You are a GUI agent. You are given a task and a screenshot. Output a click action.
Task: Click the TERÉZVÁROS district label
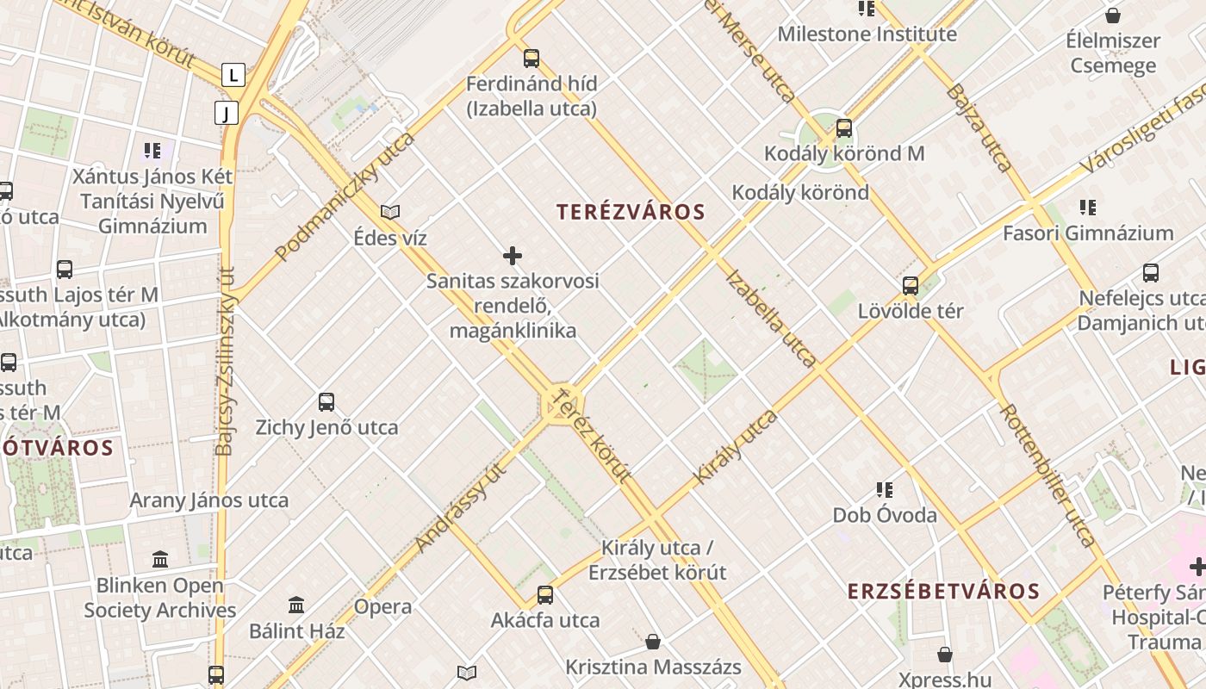[631, 212]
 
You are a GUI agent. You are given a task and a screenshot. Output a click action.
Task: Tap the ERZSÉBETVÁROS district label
[943, 592]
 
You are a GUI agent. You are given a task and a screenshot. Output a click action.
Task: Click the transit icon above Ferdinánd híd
[532, 59]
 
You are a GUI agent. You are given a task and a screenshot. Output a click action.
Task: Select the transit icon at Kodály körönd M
[844, 128]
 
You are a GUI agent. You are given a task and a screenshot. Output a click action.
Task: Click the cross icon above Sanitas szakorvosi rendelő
[513, 256]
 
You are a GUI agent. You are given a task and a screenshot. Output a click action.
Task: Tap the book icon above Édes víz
[390, 212]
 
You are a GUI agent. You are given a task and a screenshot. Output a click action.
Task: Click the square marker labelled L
[233, 75]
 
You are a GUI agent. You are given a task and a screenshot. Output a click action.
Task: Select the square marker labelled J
[226, 113]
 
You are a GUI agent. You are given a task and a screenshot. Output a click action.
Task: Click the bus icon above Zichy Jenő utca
[326, 401]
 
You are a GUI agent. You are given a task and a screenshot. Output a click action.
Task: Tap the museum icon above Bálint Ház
[296, 605]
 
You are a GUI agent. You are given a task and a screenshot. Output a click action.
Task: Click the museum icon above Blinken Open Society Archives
[160, 560]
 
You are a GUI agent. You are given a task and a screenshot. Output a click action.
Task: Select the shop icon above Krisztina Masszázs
[653, 642]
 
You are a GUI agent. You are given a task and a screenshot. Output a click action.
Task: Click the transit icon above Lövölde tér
[911, 285]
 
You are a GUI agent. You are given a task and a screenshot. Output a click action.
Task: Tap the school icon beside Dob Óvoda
[884, 490]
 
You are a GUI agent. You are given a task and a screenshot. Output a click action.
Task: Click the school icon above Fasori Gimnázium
[1087, 208]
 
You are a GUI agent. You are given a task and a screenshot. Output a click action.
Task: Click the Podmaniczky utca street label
[345, 196]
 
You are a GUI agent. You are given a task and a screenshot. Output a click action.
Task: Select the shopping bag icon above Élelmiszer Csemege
[1113, 16]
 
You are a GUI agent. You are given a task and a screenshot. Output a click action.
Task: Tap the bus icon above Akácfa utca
[545, 595]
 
